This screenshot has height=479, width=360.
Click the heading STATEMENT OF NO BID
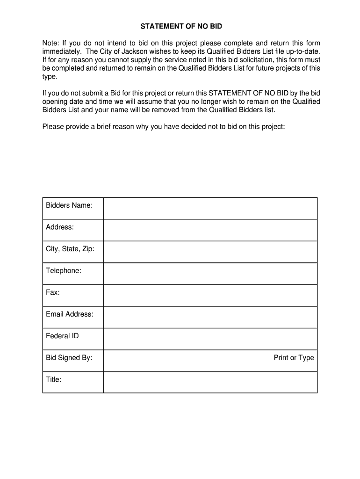click(x=181, y=26)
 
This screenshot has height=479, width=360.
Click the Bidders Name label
click(x=69, y=205)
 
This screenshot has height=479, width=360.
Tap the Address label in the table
click(x=60, y=227)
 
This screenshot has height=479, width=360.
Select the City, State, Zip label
click(x=70, y=249)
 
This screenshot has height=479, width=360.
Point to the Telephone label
click(x=64, y=271)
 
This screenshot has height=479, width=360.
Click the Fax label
click(x=52, y=292)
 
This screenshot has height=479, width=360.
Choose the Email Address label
click(x=70, y=314)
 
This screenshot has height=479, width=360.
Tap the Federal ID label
click(x=62, y=336)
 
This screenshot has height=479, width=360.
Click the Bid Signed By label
click(x=69, y=358)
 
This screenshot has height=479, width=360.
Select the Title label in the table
click(x=53, y=379)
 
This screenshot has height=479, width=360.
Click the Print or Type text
click(x=294, y=358)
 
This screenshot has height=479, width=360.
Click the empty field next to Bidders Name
click(x=210, y=208)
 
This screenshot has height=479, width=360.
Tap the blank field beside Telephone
click(x=210, y=274)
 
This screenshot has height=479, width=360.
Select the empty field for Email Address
click(x=210, y=317)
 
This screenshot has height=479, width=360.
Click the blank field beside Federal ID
click(x=210, y=339)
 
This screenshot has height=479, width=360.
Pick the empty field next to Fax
click(x=210, y=295)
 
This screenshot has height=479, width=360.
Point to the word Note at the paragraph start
click(x=50, y=44)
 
